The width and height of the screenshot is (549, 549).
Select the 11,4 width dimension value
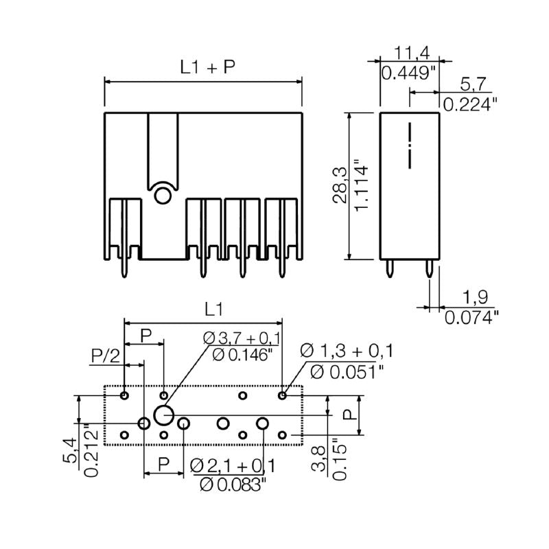tap(412, 52)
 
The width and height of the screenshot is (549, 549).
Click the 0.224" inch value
tap(470, 104)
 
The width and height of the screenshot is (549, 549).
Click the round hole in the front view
tap(163, 196)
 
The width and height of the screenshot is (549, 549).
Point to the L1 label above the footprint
tap(213, 309)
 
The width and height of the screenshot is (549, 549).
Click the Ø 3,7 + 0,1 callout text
tap(242, 338)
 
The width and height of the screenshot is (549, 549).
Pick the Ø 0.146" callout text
tap(242, 355)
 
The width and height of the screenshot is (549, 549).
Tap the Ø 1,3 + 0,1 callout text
tap(347, 352)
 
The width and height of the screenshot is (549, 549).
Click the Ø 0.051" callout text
tap(347, 372)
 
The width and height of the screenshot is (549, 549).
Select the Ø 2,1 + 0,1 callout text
tap(233, 466)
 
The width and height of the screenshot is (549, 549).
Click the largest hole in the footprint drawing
tap(163, 414)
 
